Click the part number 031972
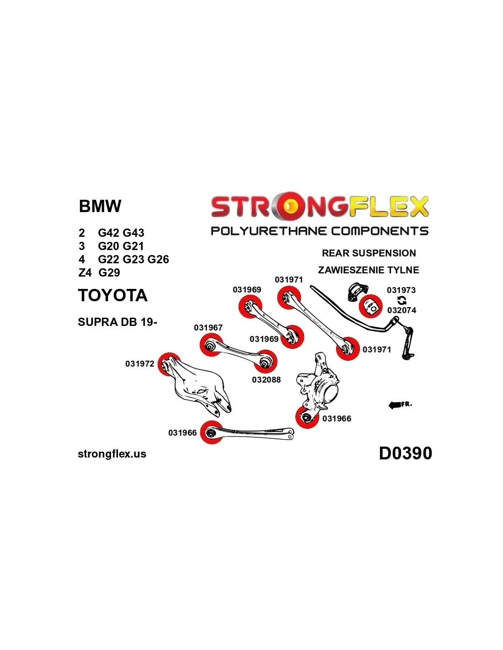139,364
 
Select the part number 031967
208,328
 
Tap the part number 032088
266,379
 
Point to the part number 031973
401,290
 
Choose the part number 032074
401,310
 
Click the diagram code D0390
405,453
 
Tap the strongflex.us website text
112,454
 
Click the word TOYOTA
112,295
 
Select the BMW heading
100,206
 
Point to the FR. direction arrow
400,405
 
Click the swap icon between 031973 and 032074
401,300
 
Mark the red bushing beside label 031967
211,345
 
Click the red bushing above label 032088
265,362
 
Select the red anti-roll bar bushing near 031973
370,306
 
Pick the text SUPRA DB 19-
118,322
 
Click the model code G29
109,273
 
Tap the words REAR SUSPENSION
369,253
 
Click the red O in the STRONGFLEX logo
289,207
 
